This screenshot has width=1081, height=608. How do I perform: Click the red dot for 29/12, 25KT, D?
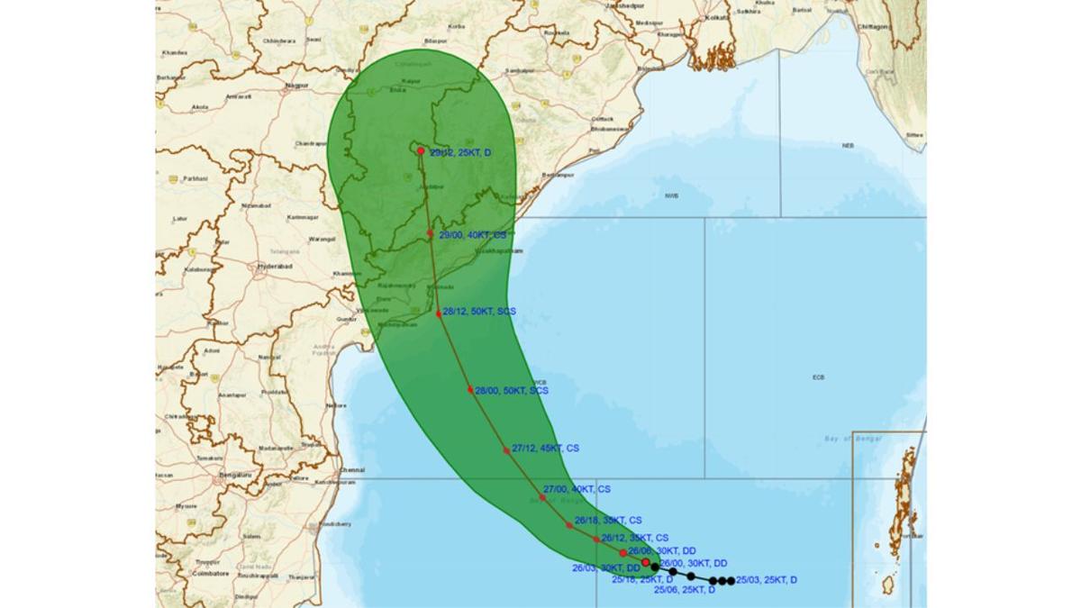[x=421, y=150]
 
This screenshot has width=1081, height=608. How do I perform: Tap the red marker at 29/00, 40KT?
[x=431, y=232]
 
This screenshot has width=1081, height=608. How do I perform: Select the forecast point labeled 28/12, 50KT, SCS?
[x=439, y=313]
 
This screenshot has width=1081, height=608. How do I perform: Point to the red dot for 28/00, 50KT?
[x=470, y=389]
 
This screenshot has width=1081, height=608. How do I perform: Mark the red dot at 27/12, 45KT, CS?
[x=506, y=449]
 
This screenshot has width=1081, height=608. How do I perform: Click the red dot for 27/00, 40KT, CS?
[x=542, y=496]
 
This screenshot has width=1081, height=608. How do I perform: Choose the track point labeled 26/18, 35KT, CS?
[x=569, y=524]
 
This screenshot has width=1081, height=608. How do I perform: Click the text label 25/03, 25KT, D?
[x=767, y=580]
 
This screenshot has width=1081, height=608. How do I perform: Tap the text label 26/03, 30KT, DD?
[x=605, y=567]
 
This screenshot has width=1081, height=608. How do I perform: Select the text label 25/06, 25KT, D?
[x=685, y=590]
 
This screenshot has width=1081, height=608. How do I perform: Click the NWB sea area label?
[x=671, y=195]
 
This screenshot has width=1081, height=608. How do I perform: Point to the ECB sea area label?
[x=818, y=377]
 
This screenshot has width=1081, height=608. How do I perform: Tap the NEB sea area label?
[x=848, y=145]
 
